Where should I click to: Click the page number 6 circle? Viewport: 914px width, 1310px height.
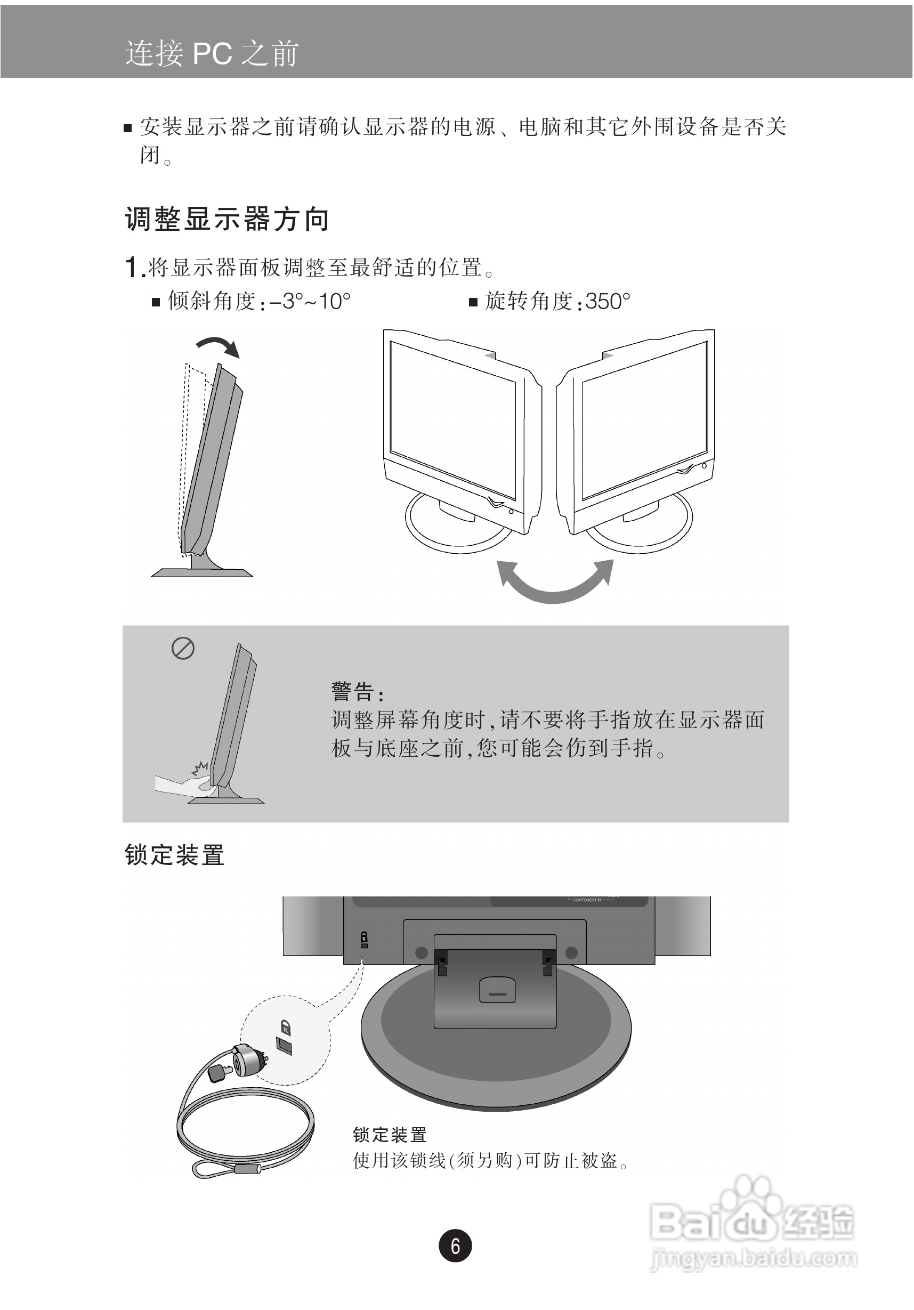(455, 1246)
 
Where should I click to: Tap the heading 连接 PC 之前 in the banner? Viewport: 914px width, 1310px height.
(212, 54)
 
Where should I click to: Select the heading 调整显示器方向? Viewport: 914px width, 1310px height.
(227, 219)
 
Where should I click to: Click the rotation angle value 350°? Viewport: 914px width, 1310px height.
(608, 301)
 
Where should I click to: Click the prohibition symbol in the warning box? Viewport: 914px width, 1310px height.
(183, 649)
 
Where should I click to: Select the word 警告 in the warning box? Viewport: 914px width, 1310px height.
(353, 692)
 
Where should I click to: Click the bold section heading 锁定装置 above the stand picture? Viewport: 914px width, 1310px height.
(175, 855)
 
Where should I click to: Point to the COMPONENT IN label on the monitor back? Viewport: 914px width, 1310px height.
(587, 900)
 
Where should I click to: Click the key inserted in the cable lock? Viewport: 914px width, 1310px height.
(220, 1073)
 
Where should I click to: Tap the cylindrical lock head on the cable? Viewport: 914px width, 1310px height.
(248, 1060)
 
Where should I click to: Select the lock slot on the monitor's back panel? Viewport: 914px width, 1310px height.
(365, 945)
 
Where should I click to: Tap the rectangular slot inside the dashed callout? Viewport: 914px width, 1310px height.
(284, 1045)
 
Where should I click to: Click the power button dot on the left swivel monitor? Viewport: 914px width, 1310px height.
(511, 512)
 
